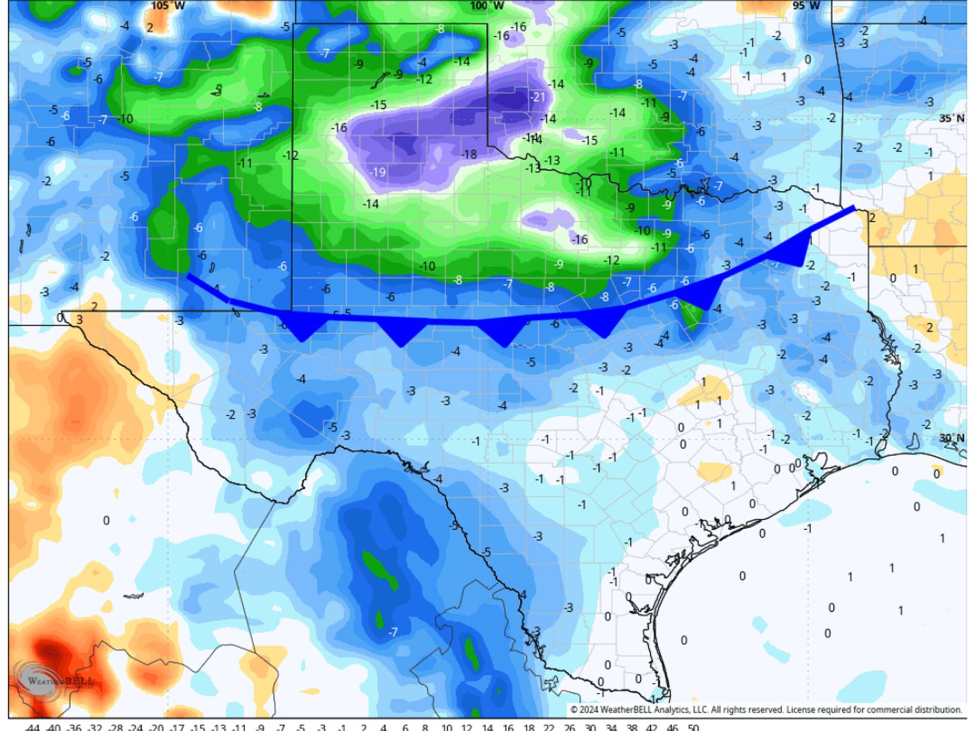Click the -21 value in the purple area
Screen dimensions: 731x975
(537, 97)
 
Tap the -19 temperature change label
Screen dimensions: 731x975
(377, 172)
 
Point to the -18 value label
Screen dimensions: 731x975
(468, 154)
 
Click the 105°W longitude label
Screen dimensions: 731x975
(168, 6)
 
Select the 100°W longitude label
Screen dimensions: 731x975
(487, 6)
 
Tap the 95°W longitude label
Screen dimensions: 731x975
(806, 6)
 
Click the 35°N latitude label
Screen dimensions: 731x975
(951, 118)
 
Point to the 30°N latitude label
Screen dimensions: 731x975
(951, 438)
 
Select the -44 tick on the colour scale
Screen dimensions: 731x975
(31, 727)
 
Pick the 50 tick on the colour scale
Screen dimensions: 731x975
(693, 727)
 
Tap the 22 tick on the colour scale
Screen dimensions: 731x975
(548, 727)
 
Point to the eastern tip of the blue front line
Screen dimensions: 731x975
(854, 207)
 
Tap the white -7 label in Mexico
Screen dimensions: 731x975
(393, 632)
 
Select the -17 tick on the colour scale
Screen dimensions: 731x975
(177, 727)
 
